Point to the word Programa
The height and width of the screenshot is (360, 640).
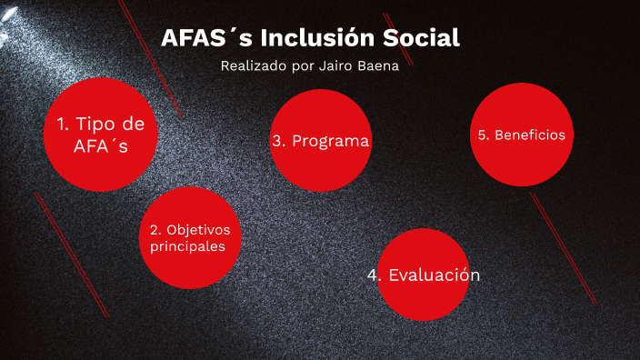(x=331, y=141)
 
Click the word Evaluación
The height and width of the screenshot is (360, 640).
(x=434, y=275)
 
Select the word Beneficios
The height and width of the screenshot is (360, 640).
(x=530, y=135)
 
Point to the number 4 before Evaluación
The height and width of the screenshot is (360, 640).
(x=374, y=275)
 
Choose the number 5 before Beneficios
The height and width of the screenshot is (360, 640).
(x=482, y=135)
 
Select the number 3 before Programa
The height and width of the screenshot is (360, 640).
(x=277, y=141)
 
